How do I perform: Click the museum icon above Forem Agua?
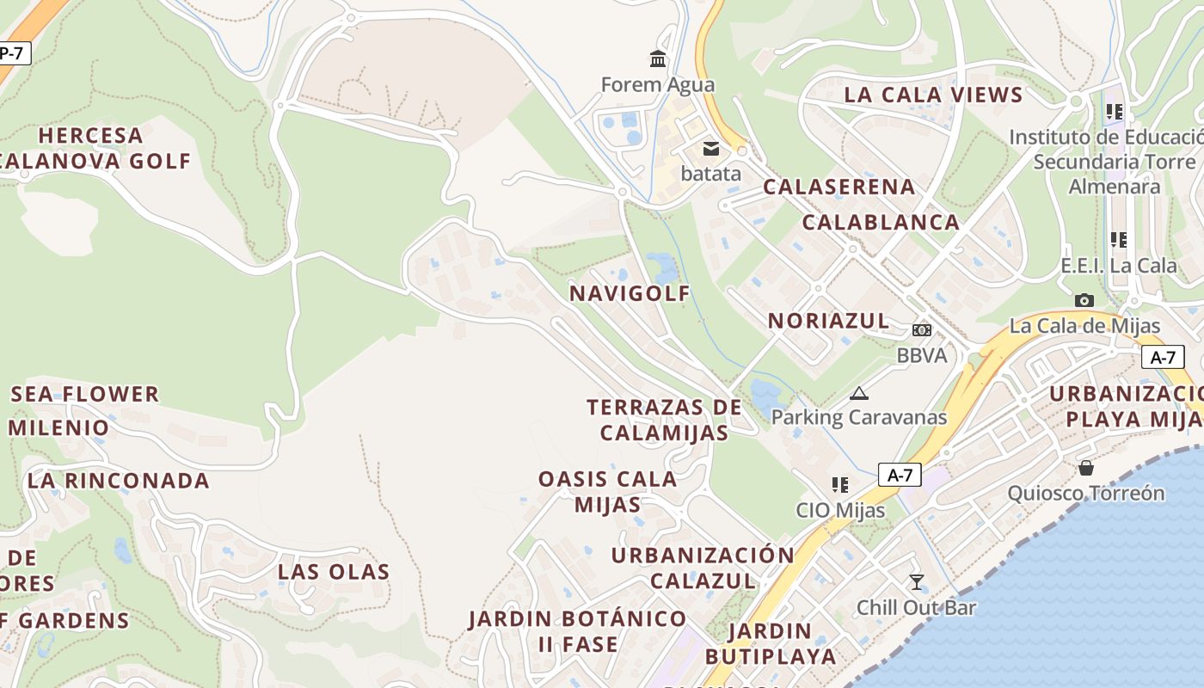pos(658,58)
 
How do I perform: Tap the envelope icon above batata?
pos(711,149)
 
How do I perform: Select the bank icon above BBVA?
pos(921,330)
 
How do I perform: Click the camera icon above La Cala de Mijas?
pos(1084,300)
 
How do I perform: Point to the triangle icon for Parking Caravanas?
pos(858,394)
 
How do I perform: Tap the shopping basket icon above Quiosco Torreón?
pos(1086,468)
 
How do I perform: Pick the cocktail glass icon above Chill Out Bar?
pos(917,582)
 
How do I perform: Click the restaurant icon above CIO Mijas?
pos(840,485)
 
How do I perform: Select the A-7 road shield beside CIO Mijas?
pos(900,475)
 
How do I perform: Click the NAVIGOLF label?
pos(630,293)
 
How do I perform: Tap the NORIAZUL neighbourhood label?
pos(828,321)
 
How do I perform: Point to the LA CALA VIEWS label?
pos(933,95)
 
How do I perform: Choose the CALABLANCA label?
pos(881,222)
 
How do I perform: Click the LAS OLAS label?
pos(334,572)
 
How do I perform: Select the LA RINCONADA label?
pos(119,481)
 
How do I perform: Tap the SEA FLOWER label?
pos(85,394)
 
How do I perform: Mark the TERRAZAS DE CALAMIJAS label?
pos(664,420)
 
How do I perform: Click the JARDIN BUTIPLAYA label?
pos(770,644)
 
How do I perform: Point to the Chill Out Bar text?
pos(917,608)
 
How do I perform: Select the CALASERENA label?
pos(839,187)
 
